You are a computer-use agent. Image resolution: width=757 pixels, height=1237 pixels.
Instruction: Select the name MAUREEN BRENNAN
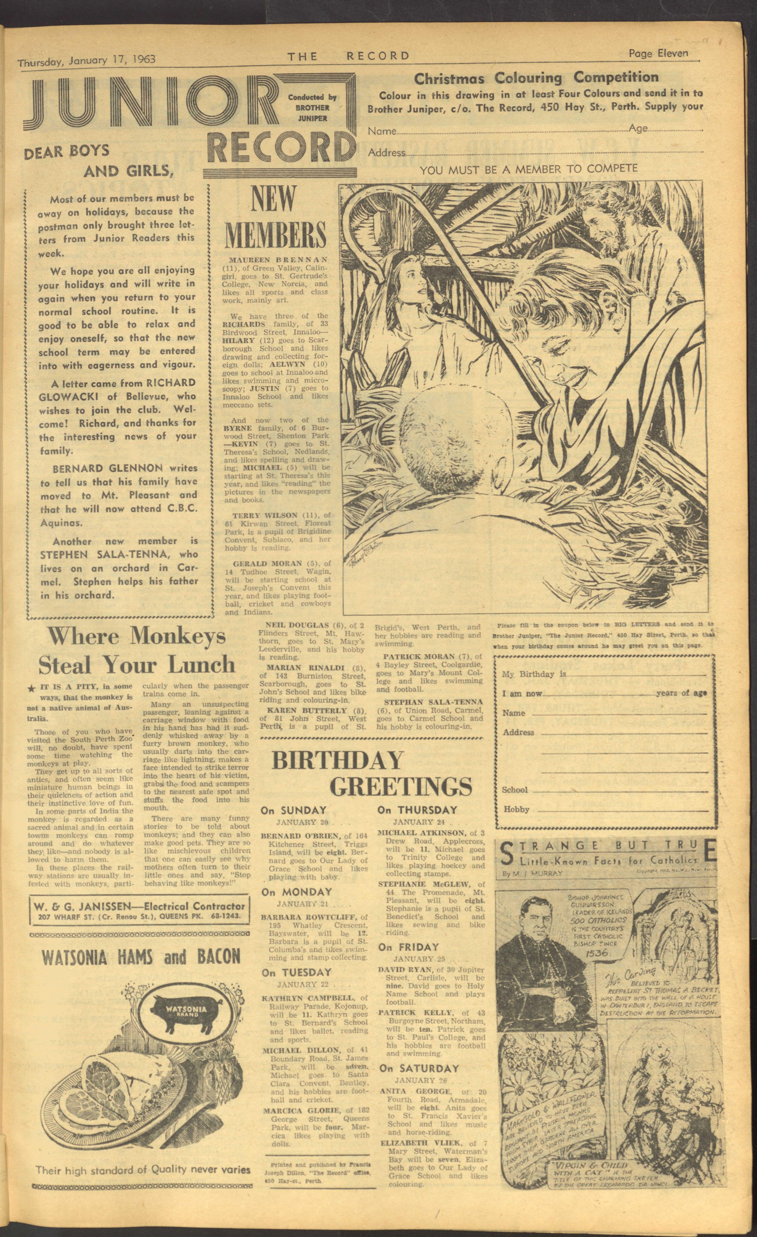point(278,260)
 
